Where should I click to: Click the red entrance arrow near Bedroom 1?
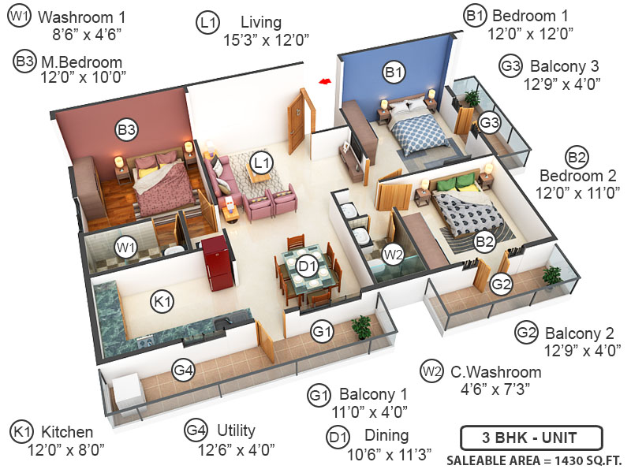click(x=323, y=80)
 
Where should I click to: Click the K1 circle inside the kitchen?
click(x=162, y=300)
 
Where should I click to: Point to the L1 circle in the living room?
click(x=261, y=162)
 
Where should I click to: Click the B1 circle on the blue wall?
click(x=394, y=73)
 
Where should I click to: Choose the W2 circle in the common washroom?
click(x=394, y=254)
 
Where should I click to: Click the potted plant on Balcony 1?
click(x=362, y=326)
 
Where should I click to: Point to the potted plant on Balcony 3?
click(x=472, y=99)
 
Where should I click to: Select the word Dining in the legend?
click(x=386, y=435)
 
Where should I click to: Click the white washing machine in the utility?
click(x=125, y=392)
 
